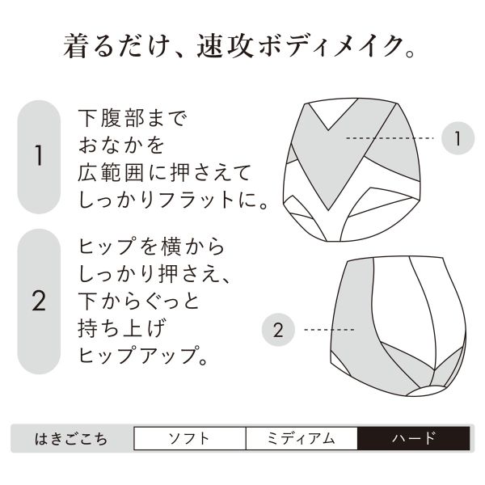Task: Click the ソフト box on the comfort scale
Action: click(190, 438)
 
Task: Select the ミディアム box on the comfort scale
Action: click(302, 438)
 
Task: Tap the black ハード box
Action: click(414, 438)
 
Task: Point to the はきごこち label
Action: click(71, 439)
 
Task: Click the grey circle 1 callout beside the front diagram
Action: click(458, 138)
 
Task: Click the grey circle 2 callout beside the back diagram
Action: click(278, 330)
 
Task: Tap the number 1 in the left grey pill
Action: click(39, 155)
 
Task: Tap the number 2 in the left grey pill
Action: click(39, 301)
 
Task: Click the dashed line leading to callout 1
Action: click(390, 138)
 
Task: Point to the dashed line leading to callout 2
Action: click(329, 330)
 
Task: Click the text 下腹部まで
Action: click(133, 118)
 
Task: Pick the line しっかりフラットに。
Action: click(173, 200)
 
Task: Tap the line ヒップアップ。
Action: click(143, 356)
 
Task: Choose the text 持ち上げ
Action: click(121, 328)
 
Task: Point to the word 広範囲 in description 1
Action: click(111, 173)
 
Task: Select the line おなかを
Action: click(121, 145)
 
